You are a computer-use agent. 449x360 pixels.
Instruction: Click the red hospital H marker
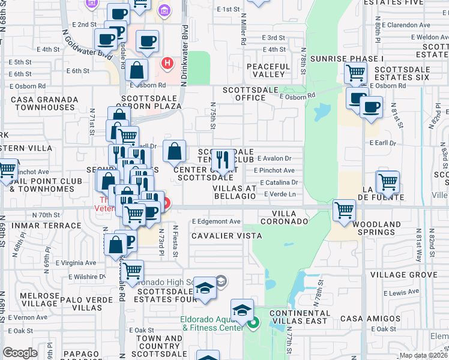click(167, 62)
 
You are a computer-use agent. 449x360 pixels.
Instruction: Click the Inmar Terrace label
click(41, 226)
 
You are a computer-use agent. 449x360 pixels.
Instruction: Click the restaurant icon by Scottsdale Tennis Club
click(223, 160)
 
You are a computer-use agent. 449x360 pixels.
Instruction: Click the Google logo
click(20, 353)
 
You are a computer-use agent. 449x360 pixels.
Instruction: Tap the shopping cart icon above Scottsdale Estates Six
click(356, 73)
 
